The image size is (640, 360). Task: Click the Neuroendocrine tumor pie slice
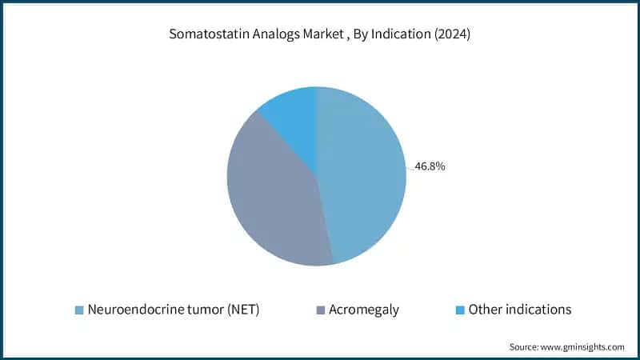click(x=364, y=176)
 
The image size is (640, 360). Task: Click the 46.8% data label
click(x=430, y=167)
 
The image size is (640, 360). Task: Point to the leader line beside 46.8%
click(x=410, y=166)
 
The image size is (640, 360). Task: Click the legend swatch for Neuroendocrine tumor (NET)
click(x=78, y=310)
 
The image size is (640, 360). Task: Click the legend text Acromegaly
click(x=363, y=310)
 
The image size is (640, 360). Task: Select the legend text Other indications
click(x=520, y=310)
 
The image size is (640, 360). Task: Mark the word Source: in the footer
click(x=524, y=347)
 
